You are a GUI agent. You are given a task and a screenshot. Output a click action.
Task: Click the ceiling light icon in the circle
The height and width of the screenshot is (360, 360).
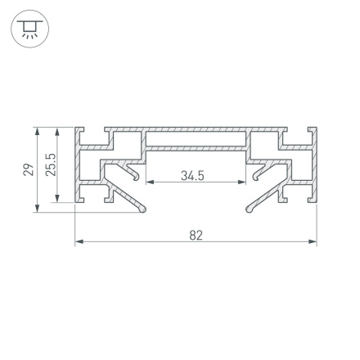29,30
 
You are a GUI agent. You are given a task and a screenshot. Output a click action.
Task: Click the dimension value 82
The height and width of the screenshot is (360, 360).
196,235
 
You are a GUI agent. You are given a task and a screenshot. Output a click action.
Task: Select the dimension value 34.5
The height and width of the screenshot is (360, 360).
192,176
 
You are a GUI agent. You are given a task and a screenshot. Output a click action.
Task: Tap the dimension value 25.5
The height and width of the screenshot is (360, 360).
51,165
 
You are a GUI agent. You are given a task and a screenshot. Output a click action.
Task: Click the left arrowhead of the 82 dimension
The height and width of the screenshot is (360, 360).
78,241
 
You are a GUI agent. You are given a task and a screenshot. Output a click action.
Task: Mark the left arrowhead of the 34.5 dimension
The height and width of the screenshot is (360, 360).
149,182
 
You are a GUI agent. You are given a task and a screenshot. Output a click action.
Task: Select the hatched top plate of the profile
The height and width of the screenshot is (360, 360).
196,131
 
